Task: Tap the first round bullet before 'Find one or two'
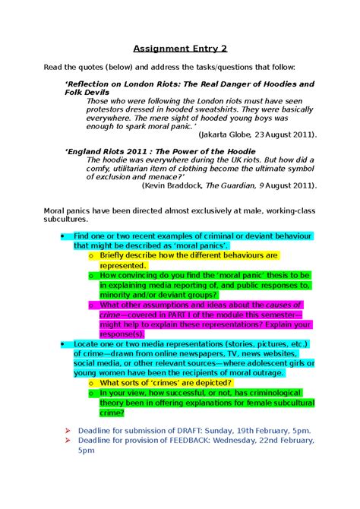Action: pos(62,237)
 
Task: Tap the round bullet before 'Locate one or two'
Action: pos(62,344)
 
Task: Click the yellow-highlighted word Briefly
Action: pos(115,256)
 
